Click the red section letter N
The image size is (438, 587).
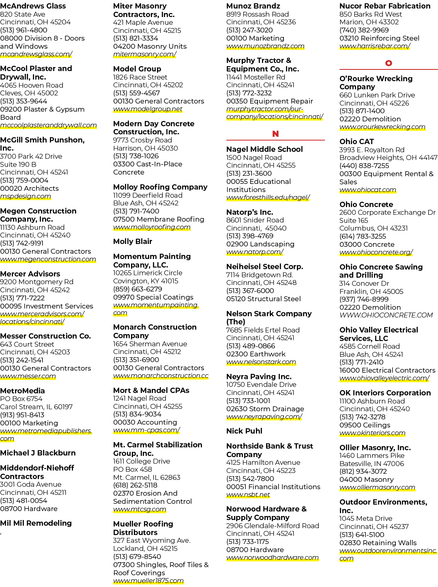(x=275, y=134)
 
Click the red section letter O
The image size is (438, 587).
(x=389, y=63)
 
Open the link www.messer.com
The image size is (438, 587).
(x=28, y=376)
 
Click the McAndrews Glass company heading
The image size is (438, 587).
(x=33, y=6)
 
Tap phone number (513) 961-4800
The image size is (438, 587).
(x=24, y=30)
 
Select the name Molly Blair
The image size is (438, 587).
(x=133, y=242)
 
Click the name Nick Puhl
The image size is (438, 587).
(x=244, y=431)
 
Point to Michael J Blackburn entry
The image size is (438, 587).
(x=38, y=453)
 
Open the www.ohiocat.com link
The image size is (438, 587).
(x=368, y=190)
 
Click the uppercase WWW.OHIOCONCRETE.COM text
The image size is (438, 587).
(x=386, y=315)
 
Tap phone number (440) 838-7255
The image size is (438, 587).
(x=364, y=166)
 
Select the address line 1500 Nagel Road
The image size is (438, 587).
(x=254, y=158)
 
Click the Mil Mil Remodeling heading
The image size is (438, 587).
(x=36, y=523)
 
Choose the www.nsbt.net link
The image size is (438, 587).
(x=248, y=495)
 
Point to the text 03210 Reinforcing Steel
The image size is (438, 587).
(x=379, y=38)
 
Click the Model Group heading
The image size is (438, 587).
(x=137, y=69)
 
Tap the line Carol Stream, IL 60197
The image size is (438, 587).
(x=36, y=407)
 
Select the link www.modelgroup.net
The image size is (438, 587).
(x=148, y=109)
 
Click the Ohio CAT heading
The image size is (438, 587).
(x=356, y=141)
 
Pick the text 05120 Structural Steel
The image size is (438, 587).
(x=263, y=299)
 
